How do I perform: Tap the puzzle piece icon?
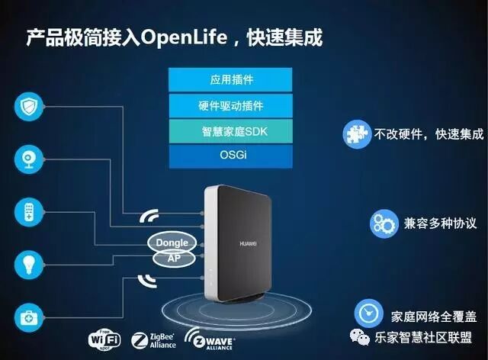tap(356, 133)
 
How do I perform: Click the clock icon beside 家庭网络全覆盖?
tap(369, 313)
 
